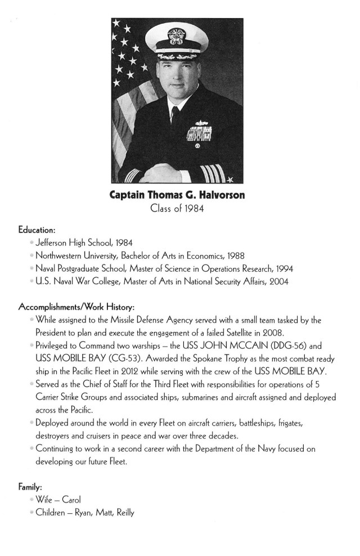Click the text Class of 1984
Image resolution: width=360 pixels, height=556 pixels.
(x=177, y=209)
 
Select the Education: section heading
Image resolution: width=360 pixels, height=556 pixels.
(x=37, y=230)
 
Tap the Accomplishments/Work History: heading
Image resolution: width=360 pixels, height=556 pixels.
(x=76, y=307)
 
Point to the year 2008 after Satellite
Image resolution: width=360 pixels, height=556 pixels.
(x=276, y=333)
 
